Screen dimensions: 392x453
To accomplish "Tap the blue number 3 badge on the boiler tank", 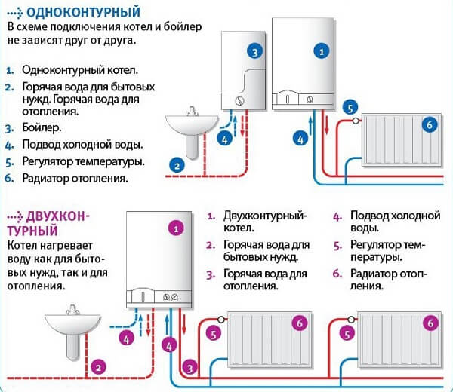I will click(x=255, y=51).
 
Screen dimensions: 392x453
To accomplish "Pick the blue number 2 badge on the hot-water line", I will click(x=176, y=164).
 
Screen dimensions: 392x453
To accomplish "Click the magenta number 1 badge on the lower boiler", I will click(x=176, y=226).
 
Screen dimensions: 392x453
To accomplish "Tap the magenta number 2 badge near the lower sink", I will click(x=97, y=367).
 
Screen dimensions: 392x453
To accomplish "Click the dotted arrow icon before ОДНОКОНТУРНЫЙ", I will click(x=13, y=12).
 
